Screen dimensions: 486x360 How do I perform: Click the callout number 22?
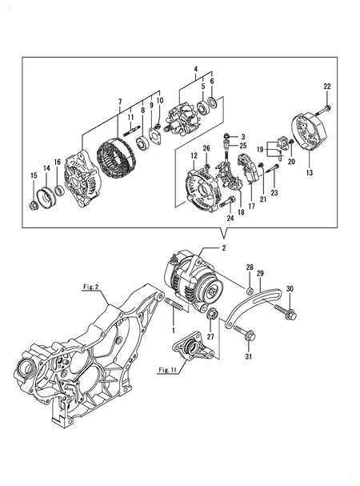coord(326,86)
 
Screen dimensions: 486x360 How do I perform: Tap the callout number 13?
coord(310,173)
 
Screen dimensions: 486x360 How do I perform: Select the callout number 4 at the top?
coord(194,71)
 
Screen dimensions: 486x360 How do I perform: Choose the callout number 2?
coord(224,249)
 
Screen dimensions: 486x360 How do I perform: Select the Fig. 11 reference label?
coord(168,369)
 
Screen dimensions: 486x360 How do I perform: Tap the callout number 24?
coord(230,217)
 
